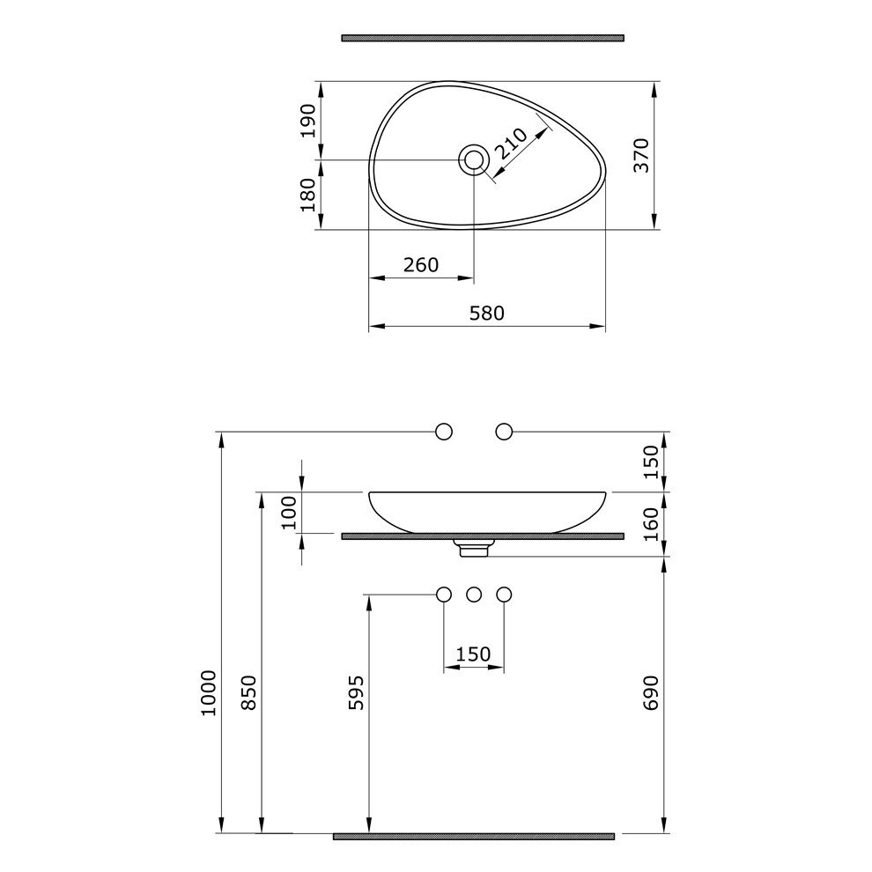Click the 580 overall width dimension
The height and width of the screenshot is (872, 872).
pyautogui.click(x=486, y=313)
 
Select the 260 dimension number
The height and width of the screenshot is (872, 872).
pyautogui.click(x=421, y=265)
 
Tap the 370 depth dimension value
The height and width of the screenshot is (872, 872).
pyautogui.click(x=641, y=155)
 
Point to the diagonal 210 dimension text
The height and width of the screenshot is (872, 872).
pyautogui.click(x=511, y=144)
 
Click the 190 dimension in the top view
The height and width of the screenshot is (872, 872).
pyautogui.click(x=307, y=121)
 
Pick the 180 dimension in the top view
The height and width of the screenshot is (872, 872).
pyautogui.click(x=307, y=195)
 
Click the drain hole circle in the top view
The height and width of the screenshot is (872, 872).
pyautogui.click(x=474, y=160)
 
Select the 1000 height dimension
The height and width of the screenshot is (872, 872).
pyautogui.click(x=209, y=692)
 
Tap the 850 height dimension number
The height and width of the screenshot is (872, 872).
pyautogui.click(x=249, y=692)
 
